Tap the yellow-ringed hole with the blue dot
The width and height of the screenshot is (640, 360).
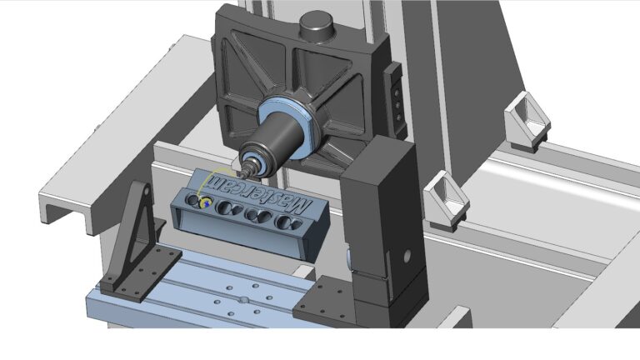[x=206, y=202]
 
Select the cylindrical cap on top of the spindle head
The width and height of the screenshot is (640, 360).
[x=317, y=25]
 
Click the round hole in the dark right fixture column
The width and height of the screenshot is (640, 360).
[x=407, y=256]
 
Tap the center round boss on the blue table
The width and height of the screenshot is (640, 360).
[x=244, y=300]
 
